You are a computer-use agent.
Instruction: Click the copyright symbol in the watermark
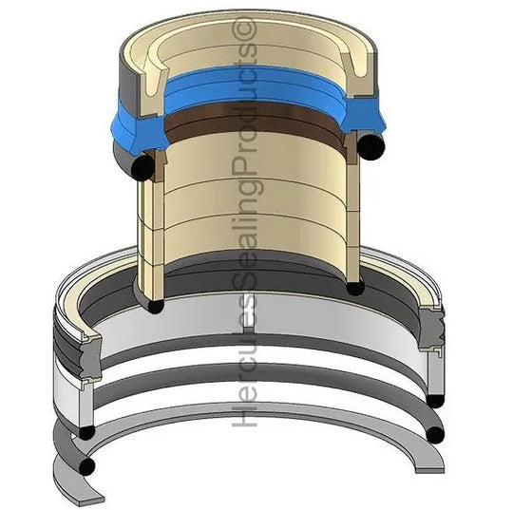point(244,28)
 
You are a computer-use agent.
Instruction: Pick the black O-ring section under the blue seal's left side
point(142,168)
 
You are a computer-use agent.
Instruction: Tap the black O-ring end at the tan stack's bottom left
point(156,306)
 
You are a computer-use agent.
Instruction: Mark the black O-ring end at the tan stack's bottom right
point(355,287)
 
